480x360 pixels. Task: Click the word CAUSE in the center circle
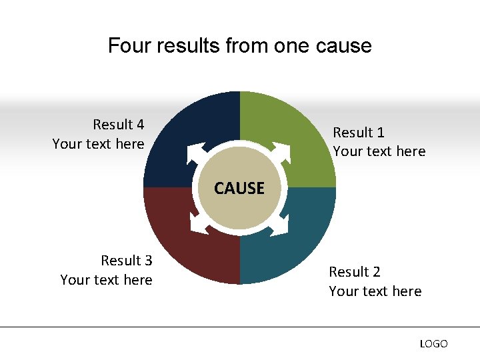tap(239, 189)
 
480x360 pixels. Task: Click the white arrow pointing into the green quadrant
tap(281, 152)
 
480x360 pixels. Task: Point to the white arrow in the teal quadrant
tap(280, 225)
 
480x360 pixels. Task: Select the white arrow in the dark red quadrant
tap(199, 224)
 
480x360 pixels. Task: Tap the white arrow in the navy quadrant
tap(197, 153)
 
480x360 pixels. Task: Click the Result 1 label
tap(359, 133)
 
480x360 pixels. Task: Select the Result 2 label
tap(355, 272)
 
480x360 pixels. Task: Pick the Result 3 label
tap(127, 261)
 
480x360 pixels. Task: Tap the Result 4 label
tap(119, 125)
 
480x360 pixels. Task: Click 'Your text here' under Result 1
tap(379, 151)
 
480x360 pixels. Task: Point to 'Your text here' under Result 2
tap(375, 291)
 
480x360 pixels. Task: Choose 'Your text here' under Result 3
tap(106, 280)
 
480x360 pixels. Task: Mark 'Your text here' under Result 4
tap(98, 144)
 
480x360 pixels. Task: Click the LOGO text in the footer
tap(433, 344)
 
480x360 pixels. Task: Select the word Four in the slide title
tap(125, 46)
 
